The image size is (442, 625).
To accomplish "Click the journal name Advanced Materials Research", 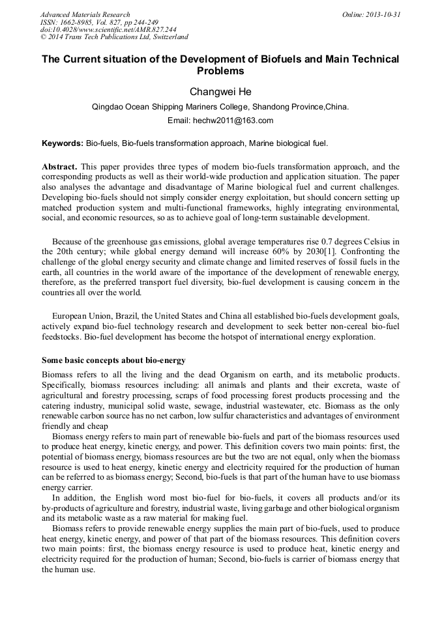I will [x=85, y=14].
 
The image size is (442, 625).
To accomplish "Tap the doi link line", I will [x=108, y=29].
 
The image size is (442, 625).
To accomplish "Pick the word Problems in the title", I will [x=220, y=71].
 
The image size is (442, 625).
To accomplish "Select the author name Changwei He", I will [x=220, y=92].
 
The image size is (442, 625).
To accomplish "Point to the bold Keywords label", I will [x=63, y=143].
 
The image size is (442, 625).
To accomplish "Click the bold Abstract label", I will [x=60, y=167].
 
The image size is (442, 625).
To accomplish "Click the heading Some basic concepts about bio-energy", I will [x=113, y=360].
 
